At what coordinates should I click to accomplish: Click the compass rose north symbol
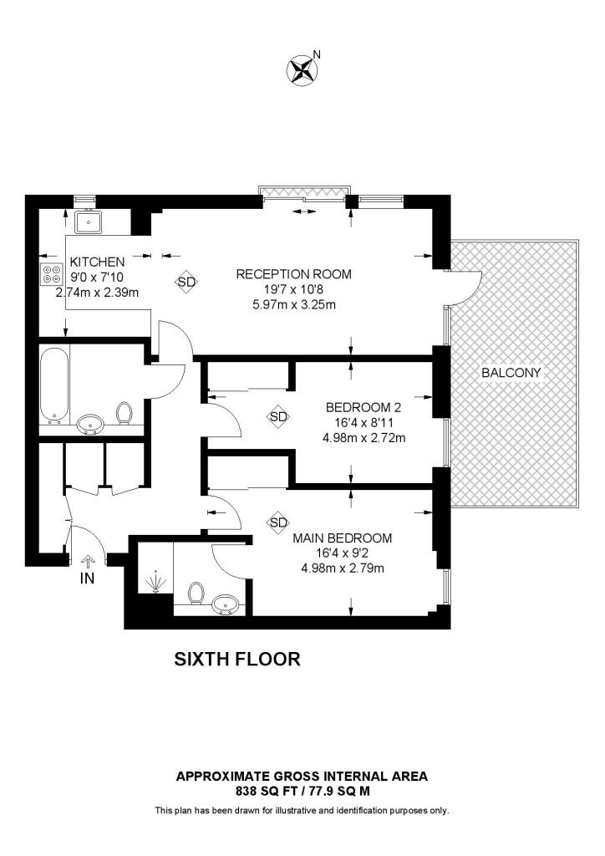[x=302, y=69]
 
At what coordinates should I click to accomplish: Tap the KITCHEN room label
[x=98, y=262]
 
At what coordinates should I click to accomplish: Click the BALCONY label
[x=511, y=373]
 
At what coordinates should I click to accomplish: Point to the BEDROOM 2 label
[x=364, y=408]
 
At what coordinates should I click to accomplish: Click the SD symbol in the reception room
[x=186, y=283]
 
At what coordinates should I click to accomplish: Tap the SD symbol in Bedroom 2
[x=278, y=416]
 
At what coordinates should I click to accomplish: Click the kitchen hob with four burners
[x=52, y=275]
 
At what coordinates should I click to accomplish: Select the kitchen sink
[x=88, y=222]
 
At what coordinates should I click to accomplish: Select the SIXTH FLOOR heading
[x=236, y=659]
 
